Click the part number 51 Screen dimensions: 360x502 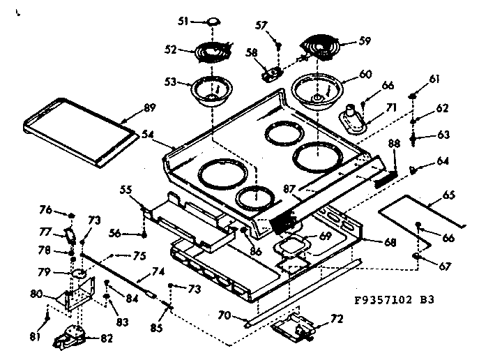coord(183,22)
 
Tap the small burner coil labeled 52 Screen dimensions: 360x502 coord(213,51)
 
